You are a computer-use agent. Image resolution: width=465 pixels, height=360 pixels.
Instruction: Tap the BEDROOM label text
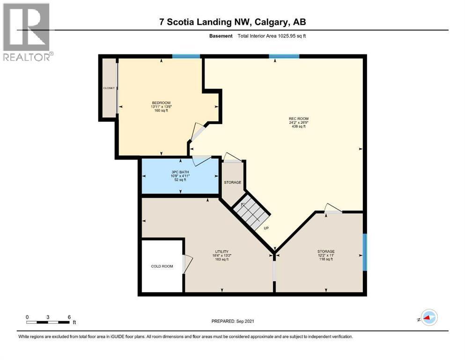point(161,103)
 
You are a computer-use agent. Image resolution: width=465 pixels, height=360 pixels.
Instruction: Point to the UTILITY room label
point(221,252)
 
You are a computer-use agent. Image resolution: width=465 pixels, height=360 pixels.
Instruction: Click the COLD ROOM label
point(162,266)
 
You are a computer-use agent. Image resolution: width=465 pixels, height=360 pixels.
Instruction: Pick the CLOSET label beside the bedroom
point(109,88)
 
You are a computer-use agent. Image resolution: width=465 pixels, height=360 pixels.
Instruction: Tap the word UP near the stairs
point(266,228)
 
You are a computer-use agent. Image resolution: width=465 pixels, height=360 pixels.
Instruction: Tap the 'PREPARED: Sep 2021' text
point(233,321)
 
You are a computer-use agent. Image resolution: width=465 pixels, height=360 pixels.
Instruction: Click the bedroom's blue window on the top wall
point(186,57)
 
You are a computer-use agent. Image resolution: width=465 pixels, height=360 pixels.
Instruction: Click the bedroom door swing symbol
point(197,133)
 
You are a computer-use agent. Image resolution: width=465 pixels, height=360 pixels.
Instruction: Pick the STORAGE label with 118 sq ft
point(325,252)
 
